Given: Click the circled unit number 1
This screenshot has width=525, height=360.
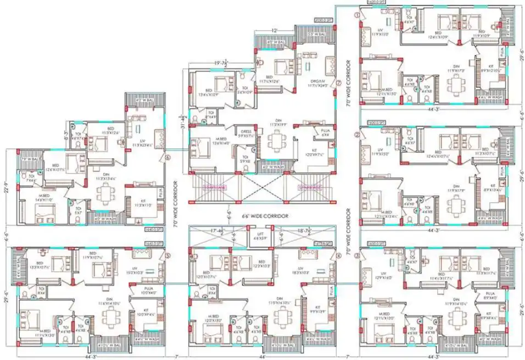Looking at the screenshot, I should point(357,16).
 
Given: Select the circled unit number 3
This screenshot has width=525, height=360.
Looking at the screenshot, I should point(357,256).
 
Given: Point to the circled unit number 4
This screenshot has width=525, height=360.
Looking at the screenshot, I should point(339,256).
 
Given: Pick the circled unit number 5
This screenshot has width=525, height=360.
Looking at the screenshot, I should point(167,256).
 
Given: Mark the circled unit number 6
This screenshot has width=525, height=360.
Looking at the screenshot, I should point(167,157).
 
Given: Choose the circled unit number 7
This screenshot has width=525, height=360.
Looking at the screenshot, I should point(339,84).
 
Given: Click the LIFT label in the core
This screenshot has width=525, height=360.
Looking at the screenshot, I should point(261,236).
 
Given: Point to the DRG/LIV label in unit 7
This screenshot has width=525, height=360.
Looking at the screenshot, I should point(317,83).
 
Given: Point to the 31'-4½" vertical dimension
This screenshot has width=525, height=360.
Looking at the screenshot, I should point(183,118).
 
